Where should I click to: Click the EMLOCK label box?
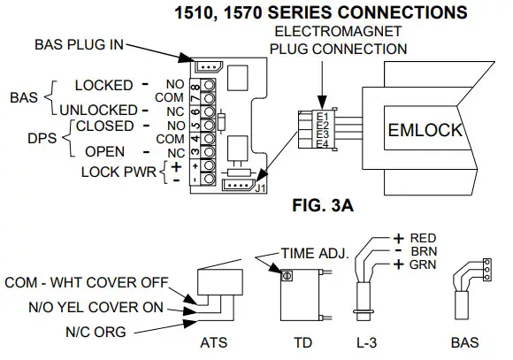coord(426,130)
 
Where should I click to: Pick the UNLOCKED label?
coord(95,110)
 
